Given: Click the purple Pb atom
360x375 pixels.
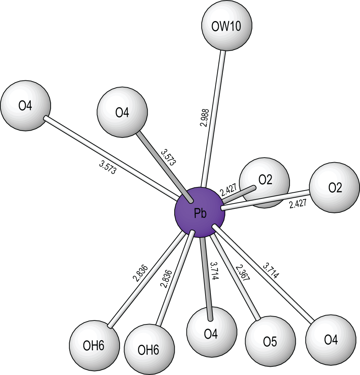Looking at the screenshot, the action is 200,212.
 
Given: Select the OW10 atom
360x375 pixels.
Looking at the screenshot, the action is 227,25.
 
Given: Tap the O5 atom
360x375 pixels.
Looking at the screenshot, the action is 270,341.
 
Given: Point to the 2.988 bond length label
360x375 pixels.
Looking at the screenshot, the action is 204,118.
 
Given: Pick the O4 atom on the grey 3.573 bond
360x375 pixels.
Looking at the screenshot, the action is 122,112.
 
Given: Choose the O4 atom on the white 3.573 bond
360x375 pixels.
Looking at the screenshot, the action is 26,106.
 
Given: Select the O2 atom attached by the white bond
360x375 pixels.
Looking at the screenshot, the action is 334,188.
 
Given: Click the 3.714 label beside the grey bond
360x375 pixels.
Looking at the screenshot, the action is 214,271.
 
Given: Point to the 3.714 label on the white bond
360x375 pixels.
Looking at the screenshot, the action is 271,271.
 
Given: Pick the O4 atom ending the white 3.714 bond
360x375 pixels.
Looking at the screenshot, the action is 331,339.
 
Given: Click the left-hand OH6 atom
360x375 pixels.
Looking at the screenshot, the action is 94,345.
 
